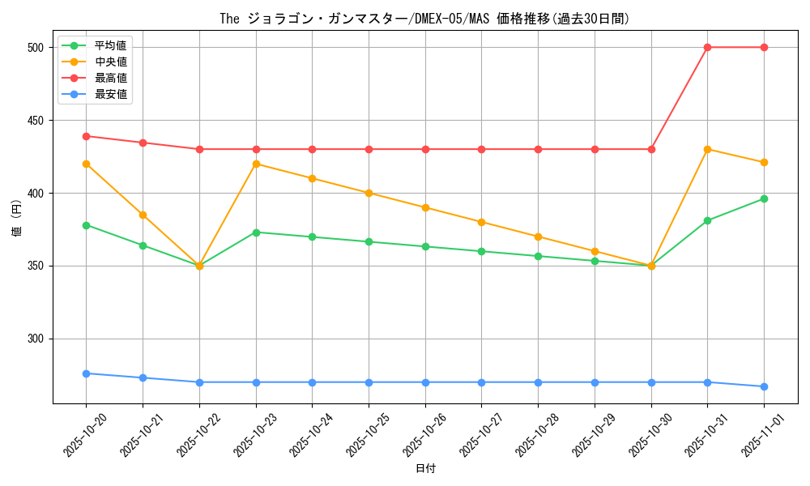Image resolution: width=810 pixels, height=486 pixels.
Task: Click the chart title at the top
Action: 424,18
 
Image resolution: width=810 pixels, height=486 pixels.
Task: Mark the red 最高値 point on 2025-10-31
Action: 707,47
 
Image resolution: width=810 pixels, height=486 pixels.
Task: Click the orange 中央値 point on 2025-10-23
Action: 256,164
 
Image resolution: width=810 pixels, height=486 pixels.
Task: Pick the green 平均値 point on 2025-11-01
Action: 764,198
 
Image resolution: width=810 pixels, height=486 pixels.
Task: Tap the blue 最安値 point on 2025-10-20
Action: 86,373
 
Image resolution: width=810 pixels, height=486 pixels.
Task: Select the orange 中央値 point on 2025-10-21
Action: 143,215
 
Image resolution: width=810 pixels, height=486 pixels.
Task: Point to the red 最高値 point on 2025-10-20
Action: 86,136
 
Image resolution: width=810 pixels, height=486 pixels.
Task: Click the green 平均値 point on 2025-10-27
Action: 481,251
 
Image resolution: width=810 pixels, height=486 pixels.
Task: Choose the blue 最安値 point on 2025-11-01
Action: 764,386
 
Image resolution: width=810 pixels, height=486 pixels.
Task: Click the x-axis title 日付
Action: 425,469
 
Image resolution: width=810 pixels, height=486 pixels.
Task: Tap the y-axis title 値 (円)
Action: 17,217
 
